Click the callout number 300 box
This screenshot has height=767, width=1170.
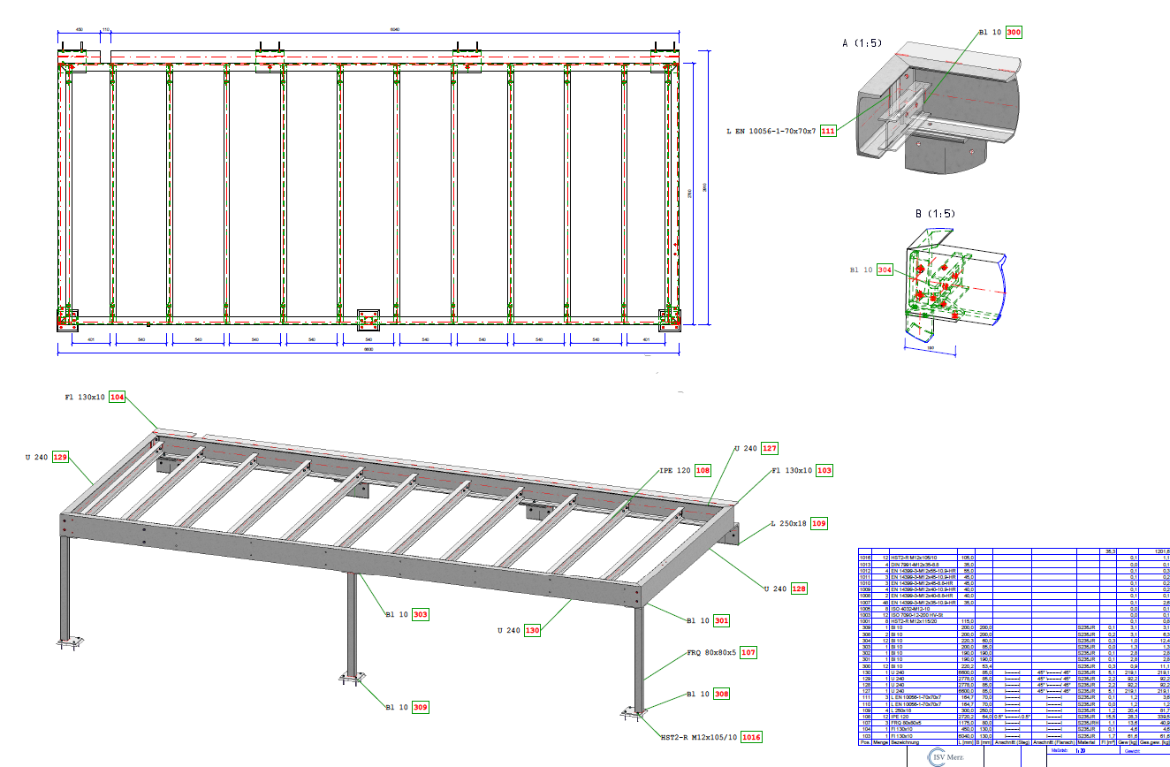[1014, 33]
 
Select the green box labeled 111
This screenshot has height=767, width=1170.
[828, 131]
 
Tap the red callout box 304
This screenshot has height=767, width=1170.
[885, 270]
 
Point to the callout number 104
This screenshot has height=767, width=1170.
[118, 397]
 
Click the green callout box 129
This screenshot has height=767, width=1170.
[60, 458]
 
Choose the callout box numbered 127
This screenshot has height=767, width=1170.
[770, 448]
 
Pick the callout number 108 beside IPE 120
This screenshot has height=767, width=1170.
[703, 471]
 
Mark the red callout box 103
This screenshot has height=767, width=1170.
[824, 471]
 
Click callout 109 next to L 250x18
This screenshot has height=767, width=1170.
[819, 524]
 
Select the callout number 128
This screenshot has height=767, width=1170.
[798, 588]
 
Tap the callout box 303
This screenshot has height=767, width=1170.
[421, 613]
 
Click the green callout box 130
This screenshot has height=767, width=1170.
[531, 630]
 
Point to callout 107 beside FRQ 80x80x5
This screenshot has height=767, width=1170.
[748, 653]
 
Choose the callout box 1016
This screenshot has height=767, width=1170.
[751, 736]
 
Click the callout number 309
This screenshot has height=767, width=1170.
[421, 707]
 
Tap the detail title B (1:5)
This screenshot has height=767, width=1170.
[935, 214]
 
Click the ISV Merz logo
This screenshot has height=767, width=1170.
[948, 757]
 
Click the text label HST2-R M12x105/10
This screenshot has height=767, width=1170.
[699, 736]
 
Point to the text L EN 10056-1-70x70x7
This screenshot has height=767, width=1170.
[771, 131]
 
